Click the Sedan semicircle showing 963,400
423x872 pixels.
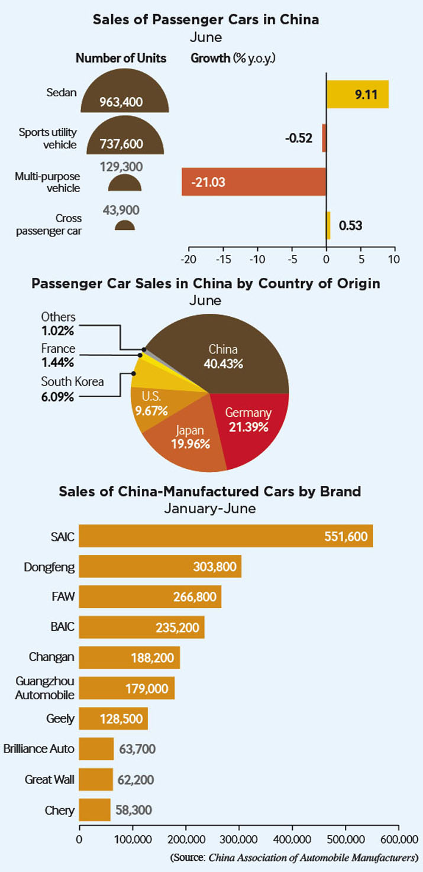[x=125, y=93]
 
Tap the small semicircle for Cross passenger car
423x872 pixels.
[x=125, y=226]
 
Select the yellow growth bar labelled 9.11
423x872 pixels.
[x=357, y=94]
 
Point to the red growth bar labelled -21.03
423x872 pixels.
[x=254, y=182]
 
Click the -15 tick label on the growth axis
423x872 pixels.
[x=223, y=260]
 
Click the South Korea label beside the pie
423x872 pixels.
[x=72, y=382]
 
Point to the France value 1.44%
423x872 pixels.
[x=57, y=363]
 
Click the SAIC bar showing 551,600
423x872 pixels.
[x=226, y=536]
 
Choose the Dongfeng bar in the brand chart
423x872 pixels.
[x=160, y=566]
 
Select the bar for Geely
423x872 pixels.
[x=114, y=719]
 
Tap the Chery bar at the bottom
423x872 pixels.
[x=95, y=810]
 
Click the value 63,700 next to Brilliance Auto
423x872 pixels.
[x=137, y=749]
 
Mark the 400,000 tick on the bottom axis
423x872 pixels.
[x=292, y=839]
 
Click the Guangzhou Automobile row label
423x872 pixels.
[x=44, y=688]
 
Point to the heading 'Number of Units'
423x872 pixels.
[x=121, y=59]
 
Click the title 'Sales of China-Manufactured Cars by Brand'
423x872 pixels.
[x=210, y=491]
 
